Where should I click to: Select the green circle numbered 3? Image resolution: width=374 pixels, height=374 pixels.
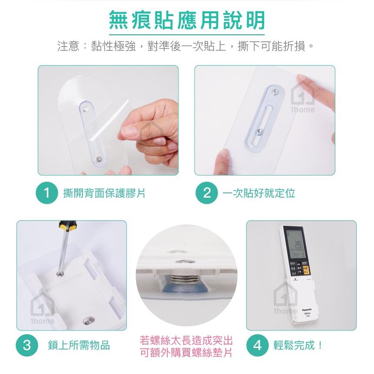27,345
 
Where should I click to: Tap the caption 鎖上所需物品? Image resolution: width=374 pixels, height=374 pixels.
79,346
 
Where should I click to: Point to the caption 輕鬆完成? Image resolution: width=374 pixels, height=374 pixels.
298,346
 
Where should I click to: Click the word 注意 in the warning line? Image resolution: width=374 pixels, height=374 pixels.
68,46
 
